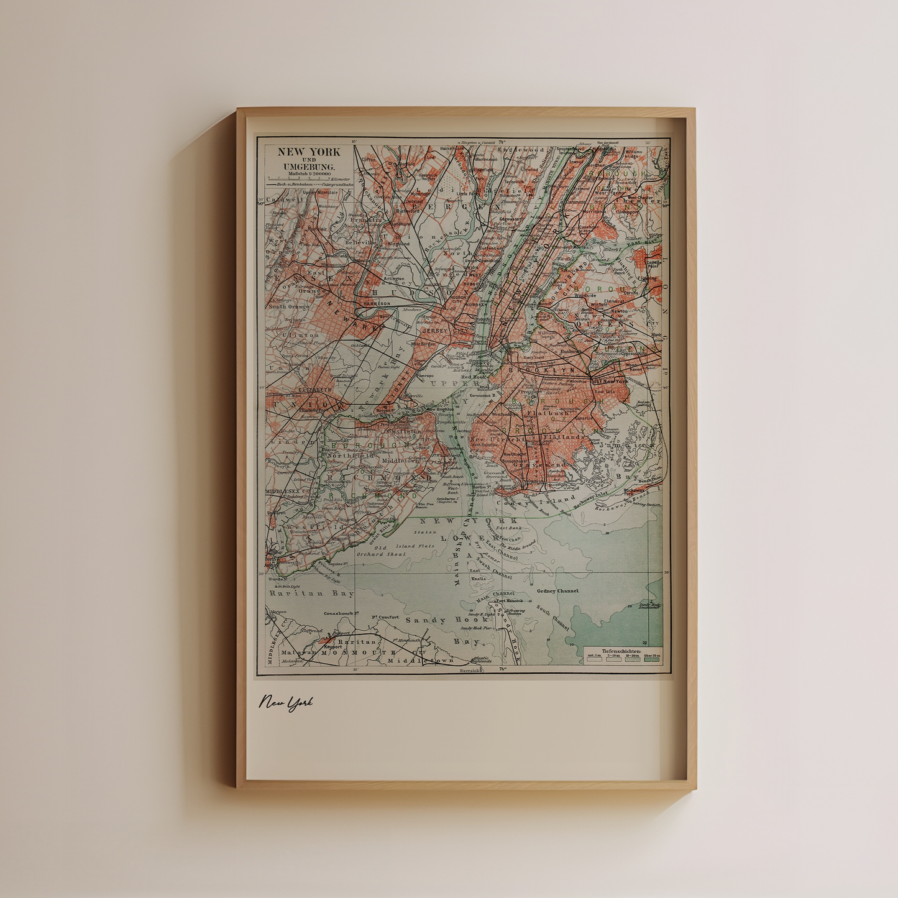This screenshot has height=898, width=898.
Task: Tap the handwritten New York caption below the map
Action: (x=286, y=703)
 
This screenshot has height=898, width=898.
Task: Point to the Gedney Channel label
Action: (x=557, y=591)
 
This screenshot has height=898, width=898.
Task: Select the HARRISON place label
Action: (x=377, y=303)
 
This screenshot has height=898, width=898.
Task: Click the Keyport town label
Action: (x=332, y=646)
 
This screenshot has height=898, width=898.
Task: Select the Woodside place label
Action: (x=585, y=296)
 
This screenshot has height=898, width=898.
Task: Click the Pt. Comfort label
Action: (x=385, y=617)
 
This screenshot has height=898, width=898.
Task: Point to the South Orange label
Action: (x=289, y=306)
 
